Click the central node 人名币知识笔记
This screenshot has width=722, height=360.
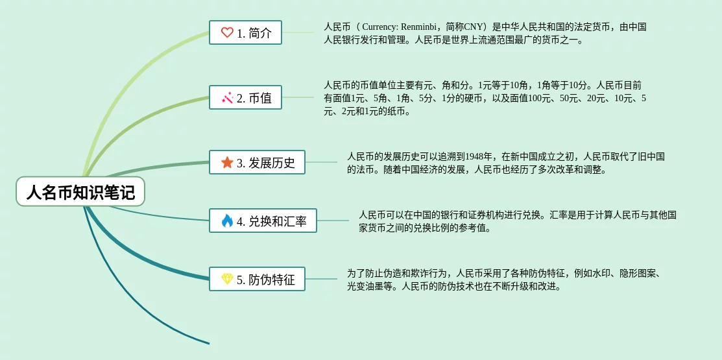tap(80, 191)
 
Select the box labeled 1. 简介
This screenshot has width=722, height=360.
tap(245, 32)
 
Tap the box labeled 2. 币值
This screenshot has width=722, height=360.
tap(245, 97)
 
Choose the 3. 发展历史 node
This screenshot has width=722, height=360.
tap(257, 162)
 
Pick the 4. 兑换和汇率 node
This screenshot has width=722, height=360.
tap(263, 221)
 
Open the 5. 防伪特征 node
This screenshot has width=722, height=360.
tap(257, 278)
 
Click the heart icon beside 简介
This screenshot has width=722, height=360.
tap(227, 32)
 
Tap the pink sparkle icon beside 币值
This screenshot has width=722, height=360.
tap(227, 97)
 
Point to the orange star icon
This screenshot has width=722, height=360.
tap(227, 162)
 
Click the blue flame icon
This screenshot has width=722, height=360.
tap(227, 221)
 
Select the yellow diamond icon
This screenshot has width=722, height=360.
tap(227, 279)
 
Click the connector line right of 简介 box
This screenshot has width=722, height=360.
tap(298, 32)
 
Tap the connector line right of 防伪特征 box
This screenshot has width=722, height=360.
tap(321, 278)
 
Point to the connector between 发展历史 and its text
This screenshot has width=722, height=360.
tap(321, 162)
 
